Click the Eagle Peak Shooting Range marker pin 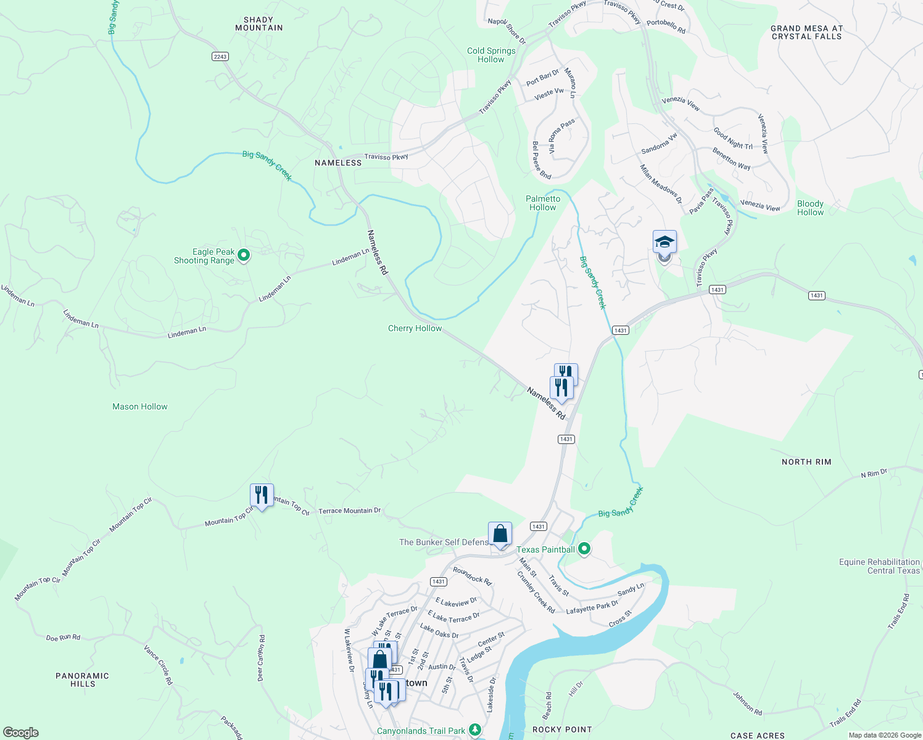pos(244,255)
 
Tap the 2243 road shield pos(220,56)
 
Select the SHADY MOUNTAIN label pos(259,24)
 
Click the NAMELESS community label pos(338,163)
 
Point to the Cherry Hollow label pos(415,328)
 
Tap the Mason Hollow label pos(140,406)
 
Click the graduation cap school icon pos(664,242)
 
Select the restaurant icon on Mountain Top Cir pos(262,495)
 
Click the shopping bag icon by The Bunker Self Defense pos(500,534)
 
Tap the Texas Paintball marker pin pos(584,548)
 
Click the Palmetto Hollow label pos(543,203)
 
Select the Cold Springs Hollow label pos(491,55)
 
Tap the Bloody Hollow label pos(810,208)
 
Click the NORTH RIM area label pos(806,462)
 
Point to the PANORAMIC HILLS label pos(82,680)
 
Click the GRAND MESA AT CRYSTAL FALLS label pos(806,32)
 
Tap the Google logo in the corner pos(21,732)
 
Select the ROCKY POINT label pos(562,730)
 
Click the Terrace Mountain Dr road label pos(349,511)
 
